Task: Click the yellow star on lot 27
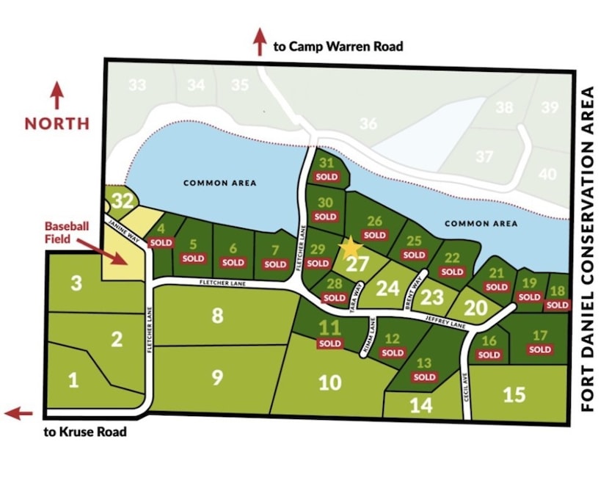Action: tap(350, 247)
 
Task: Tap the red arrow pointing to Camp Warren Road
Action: tap(259, 42)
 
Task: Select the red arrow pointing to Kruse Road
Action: tap(18, 414)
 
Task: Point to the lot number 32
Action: tap(124, 200)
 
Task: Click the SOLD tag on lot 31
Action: tap(327, 177)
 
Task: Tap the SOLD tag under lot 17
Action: tap(539, 349)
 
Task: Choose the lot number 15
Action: tap(514, 394)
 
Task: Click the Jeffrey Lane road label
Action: tap(446, 322)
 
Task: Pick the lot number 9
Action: tap(216, 377)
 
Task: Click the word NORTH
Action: tap(56, 123)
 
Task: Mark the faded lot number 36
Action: tap(368, 124)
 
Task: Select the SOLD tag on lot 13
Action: tap(424, 377)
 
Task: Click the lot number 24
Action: tap(387, 288)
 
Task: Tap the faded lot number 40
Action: tap(547, 174)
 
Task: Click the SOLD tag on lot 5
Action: tap(193, 258)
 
